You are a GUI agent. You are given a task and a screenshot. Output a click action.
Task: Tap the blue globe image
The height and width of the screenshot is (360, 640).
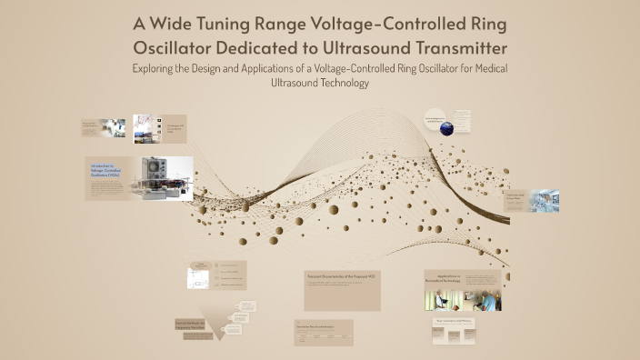(x=446, y=128)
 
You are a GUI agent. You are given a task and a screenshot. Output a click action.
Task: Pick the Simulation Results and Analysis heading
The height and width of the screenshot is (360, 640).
(x=322, y=325)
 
